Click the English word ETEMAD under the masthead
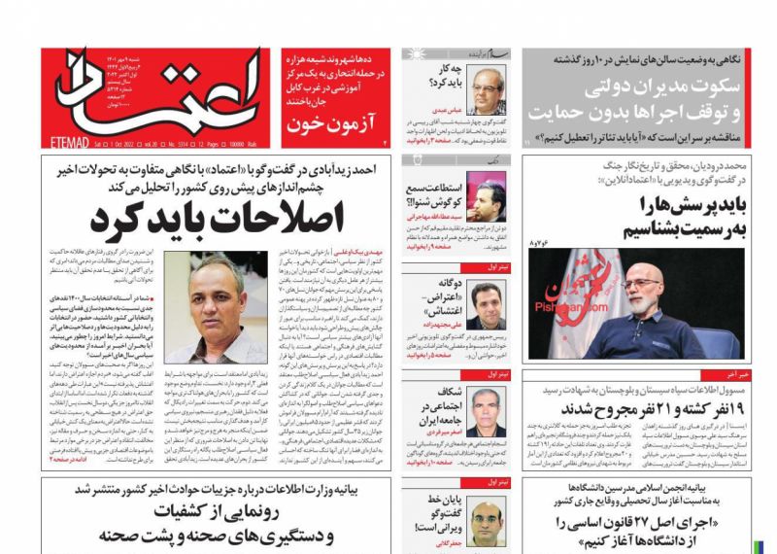(x=65, y=142)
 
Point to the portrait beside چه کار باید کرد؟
(x=487, y=94)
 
